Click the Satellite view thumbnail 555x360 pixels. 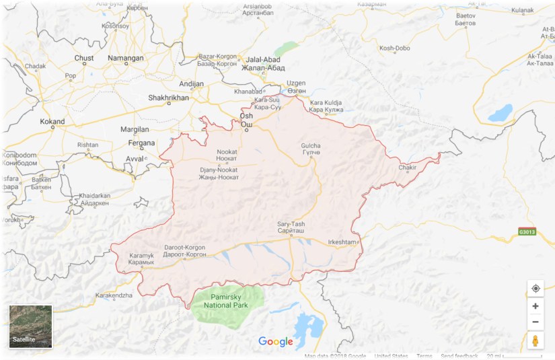coord(30,326)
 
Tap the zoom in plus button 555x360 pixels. coord(535,305)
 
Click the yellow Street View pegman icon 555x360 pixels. coord(535,340)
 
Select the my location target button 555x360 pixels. coord(535,289)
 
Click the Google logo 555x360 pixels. coord(276,342)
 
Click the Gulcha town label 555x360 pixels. coord(310,149)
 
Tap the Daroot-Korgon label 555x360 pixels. coord(184,251)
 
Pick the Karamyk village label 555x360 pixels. coord(142,258)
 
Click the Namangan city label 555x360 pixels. coord(126,59)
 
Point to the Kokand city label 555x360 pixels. coord(52,122)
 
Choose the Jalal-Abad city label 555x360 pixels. coord(266,63)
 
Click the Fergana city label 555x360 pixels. coord(141,143)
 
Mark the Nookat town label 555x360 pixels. coord(227,155)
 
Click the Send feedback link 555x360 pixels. coord(459,356)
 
